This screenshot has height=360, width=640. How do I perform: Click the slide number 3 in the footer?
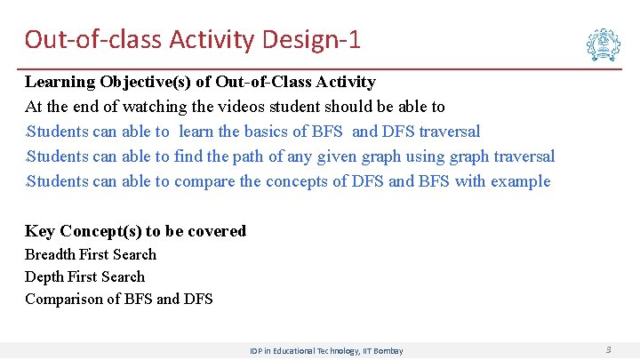(x=608, y=350)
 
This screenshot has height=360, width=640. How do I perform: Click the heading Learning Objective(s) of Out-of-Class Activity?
(x=200, y=82)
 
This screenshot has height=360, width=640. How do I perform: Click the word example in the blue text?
(x=521, y=181)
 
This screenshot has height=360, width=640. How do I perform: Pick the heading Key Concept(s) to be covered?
(x=135, y=231)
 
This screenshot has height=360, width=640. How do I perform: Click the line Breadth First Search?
(x=91, y=254)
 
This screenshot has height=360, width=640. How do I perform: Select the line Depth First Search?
(x=84, y=276)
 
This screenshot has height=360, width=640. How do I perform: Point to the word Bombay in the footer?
(x=387, y=351)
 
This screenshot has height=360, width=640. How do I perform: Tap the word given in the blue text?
(x=328, y=156)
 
